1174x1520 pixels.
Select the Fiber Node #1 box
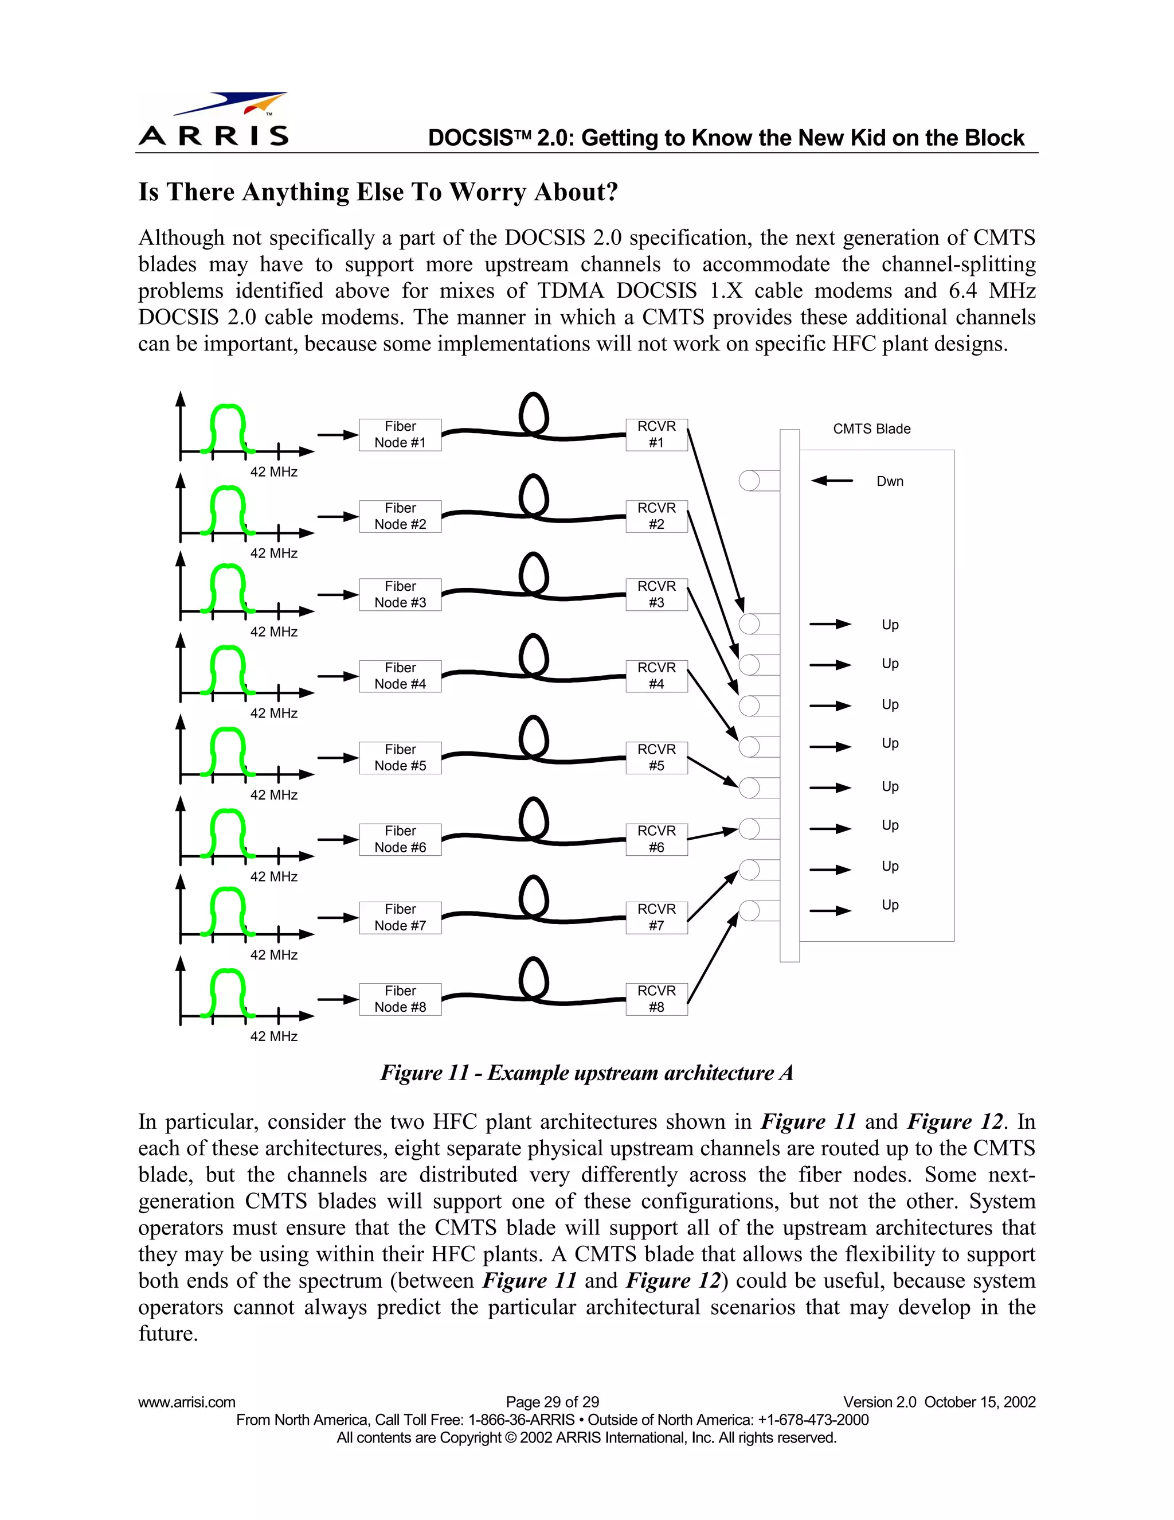[400, 434]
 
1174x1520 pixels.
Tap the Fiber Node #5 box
[400, 757]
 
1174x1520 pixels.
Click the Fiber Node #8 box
[400, 999]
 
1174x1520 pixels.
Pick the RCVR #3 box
[656, 594]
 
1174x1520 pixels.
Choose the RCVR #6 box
[656, 839]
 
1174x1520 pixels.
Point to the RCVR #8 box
[656, 999]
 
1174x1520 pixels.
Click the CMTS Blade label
[871, 428]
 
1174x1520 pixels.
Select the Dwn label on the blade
[890, 481]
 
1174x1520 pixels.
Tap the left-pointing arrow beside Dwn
[832, 480]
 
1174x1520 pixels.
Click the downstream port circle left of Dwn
[749, 480]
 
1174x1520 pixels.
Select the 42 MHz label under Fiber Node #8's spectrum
[273, 1036]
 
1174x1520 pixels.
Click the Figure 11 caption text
[586, 1073]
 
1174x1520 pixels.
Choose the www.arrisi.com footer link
[186, 1402]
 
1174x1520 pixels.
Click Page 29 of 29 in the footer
[552, 1402]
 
